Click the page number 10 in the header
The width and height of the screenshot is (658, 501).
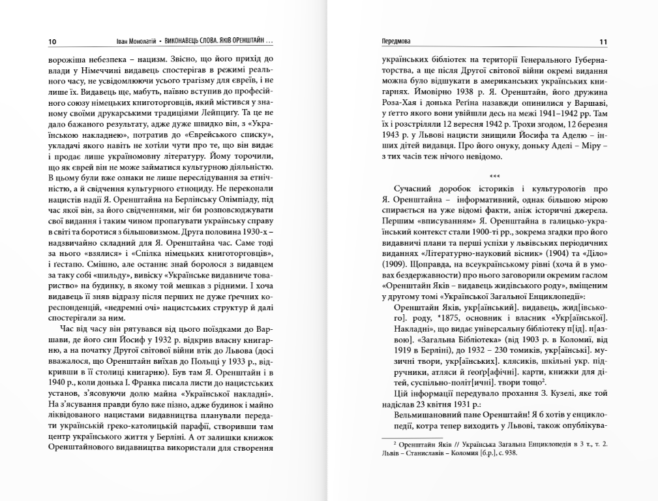click(x=53, y=42)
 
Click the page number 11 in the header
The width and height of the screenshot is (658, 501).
click(x=603, y=42)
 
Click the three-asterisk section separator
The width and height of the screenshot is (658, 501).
click(x=494, y=176)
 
